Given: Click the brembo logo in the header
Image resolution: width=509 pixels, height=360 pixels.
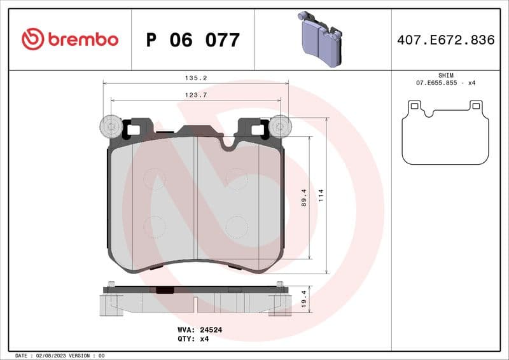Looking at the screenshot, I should (x=70, y=39).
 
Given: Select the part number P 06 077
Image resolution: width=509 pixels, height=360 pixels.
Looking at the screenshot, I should (x=193, y=40).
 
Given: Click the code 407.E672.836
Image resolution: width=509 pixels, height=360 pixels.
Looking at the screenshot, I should (x=445, y=40).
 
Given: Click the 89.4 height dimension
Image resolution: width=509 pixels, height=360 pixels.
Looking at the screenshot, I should (x=304, y=198).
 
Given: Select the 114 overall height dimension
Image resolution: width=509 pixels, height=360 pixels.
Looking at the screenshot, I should (x=322, y=193).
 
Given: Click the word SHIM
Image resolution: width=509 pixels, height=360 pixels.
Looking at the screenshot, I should (x=446, y=75).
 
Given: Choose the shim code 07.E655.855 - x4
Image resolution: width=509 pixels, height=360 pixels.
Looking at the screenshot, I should (x=446, y=83).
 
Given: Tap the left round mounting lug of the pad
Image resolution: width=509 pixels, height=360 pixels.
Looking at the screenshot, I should (x=111, y=127).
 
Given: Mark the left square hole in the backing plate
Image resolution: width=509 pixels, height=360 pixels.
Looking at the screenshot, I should (x=134, y=130).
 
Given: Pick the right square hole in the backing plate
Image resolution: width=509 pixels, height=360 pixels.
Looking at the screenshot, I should (x=256, y=130).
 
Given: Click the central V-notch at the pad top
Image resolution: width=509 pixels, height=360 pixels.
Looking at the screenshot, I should (x=228, y=144).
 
